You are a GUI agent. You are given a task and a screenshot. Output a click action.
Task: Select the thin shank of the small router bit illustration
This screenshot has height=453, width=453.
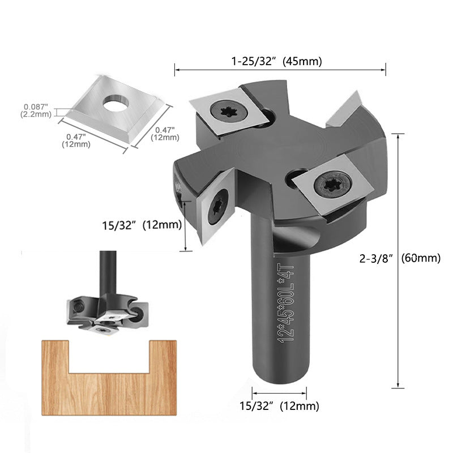click(105, 272)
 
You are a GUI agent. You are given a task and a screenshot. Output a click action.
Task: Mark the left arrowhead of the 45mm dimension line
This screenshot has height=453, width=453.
click(176, 71)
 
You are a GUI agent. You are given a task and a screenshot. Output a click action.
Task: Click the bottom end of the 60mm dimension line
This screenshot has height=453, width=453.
click(398, 387)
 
